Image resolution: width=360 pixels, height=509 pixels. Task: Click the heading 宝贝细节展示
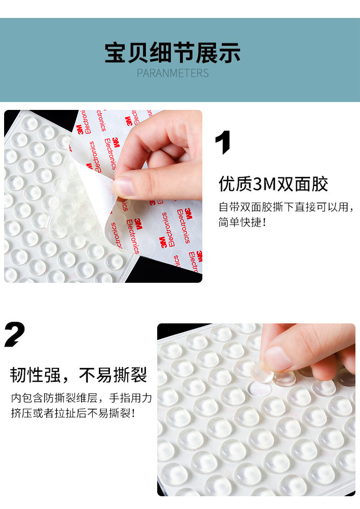pyautogui.click(x=173, y=53)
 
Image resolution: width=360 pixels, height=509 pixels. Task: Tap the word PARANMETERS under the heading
pyautogui.click(x=173, y=73)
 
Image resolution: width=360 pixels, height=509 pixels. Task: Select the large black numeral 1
pyautogui.click(x=223, y=142)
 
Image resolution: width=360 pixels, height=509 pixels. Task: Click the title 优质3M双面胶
pyautogui.click(x=273, y=184)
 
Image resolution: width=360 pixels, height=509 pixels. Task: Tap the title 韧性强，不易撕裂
pyautogui.click(x=79, y=375)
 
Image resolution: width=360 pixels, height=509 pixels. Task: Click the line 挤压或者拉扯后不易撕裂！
pyautogui.click(x=73, y=414)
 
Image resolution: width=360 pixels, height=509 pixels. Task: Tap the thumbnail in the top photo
pyautogui.click(x=123, y=187)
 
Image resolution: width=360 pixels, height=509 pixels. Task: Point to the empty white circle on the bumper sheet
pyautogui.click(x=259, y=388)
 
